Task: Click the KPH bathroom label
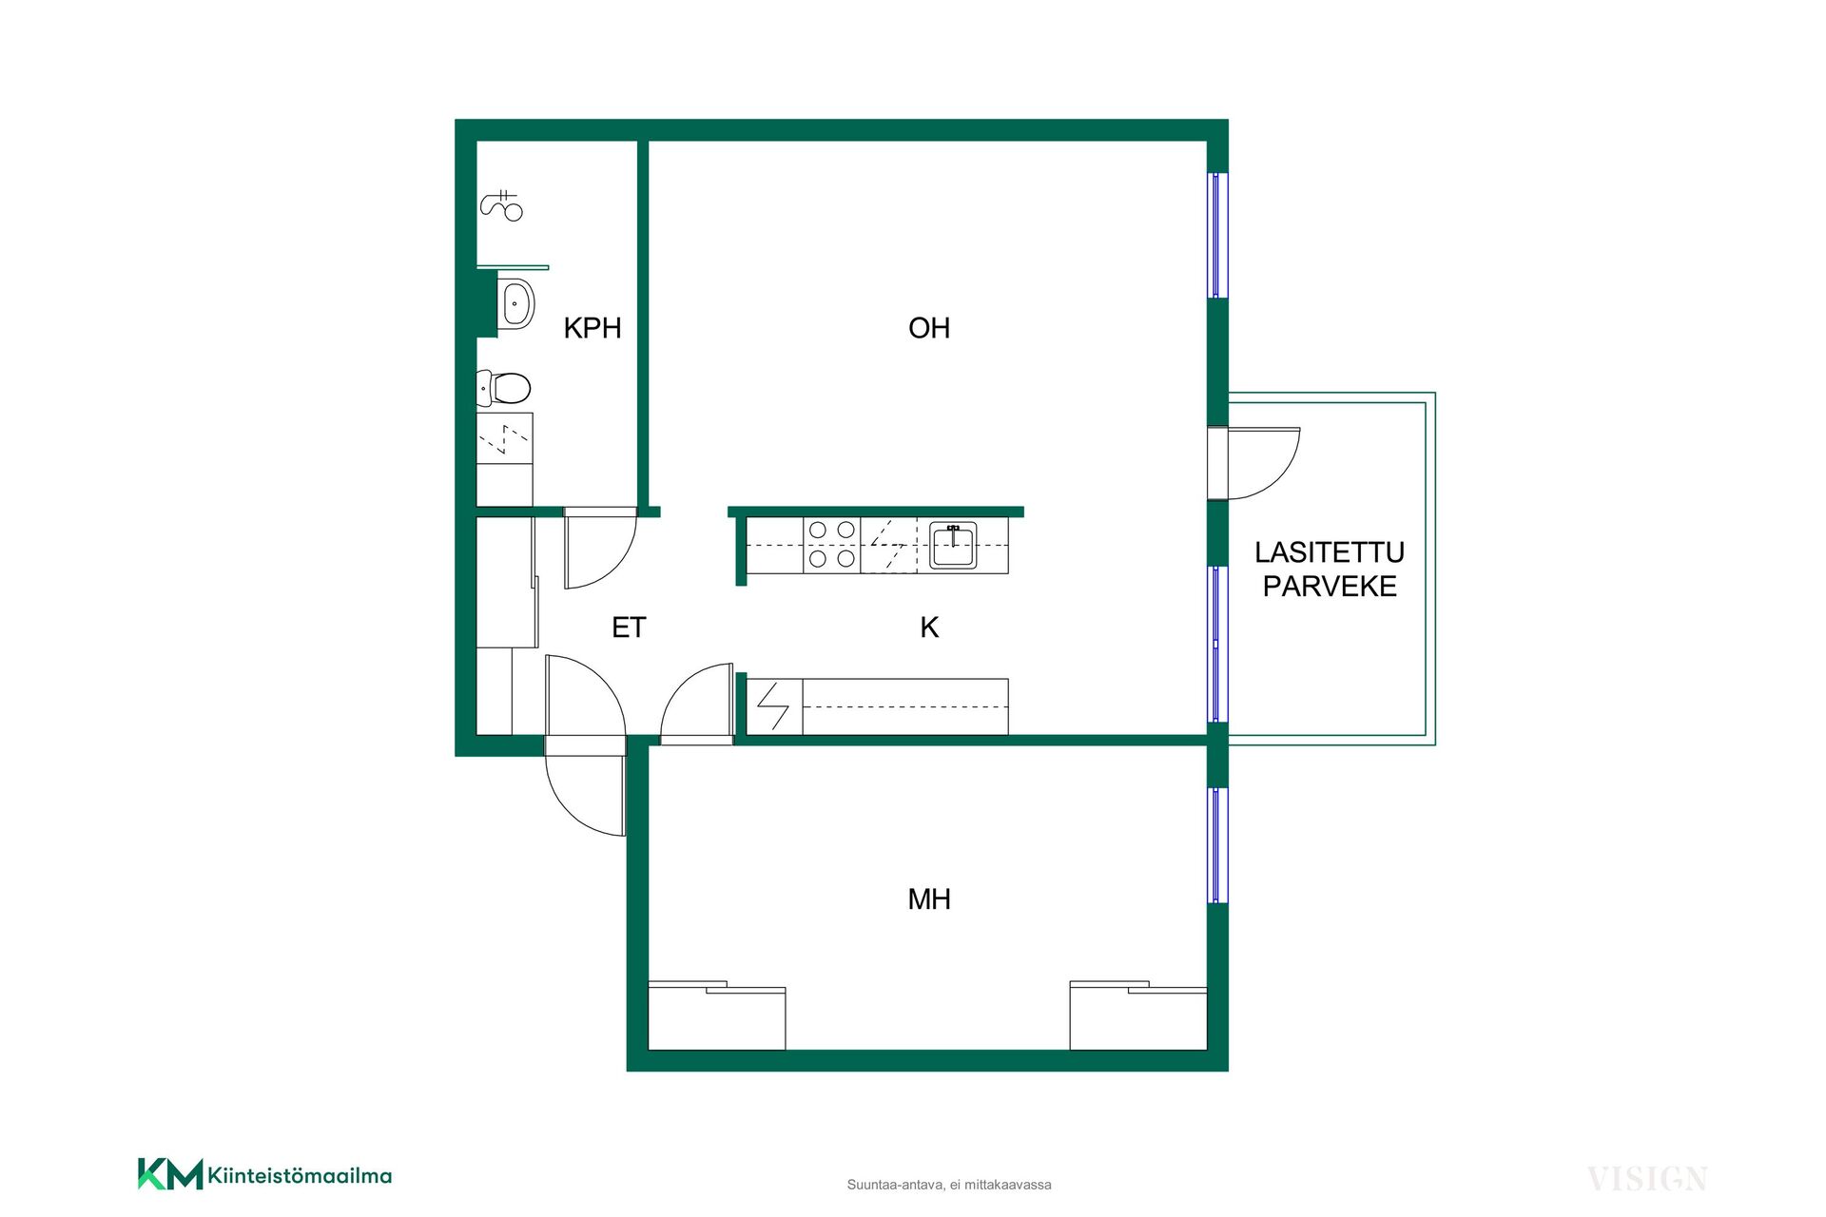[x=592, y=328]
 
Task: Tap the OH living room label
[x=929, y=328]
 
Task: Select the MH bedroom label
[x=929, y=899]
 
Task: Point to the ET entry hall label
[x=629, y=628]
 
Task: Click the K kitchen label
[x=929, y=628]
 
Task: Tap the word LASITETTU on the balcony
[x=1330, y=552]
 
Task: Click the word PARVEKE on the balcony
[x=1330, y=587]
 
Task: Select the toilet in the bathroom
[x=503, y=388]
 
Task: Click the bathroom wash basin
[x=515, y=304]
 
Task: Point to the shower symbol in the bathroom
[x=502, y=205]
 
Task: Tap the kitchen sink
[x=953, y=546]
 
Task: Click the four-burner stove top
[x=832, y=545]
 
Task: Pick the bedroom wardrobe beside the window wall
[x=1138, y=1016]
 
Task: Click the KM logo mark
[x=170, y=1174]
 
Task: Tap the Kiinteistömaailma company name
[x=300, y=1176]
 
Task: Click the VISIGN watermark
[x=1647, y=1180]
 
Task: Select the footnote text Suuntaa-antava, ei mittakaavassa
[x=949, y=1185]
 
